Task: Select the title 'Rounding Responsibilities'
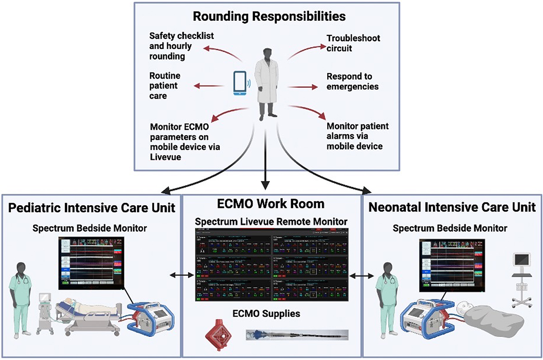click(270, 17)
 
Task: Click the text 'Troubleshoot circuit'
click(353, 43)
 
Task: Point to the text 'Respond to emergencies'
click(352, 82)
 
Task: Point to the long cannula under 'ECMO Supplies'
click(296, 335)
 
